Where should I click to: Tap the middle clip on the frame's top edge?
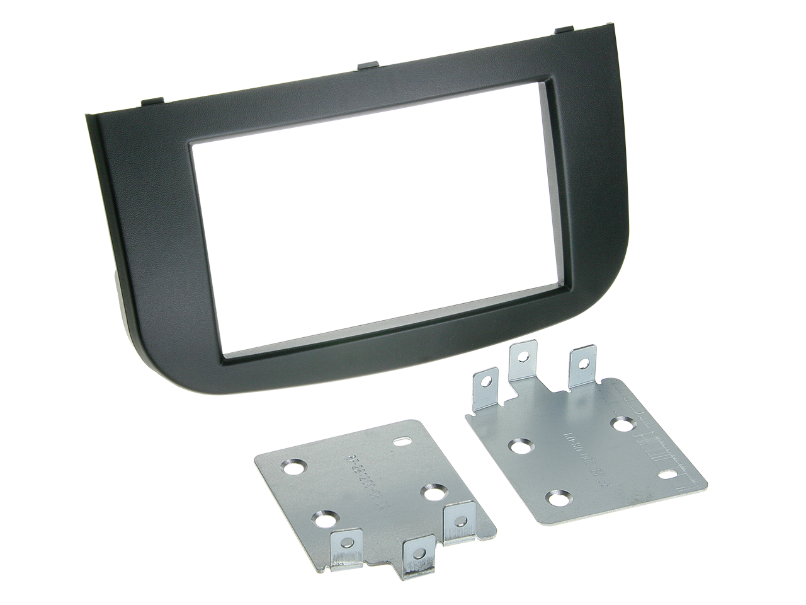[x=367, y=63]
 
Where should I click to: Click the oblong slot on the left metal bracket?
[x=400, y=442]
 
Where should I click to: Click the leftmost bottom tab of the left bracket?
[x=344, y=544]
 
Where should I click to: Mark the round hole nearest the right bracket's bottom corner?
[x=555, y=499]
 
